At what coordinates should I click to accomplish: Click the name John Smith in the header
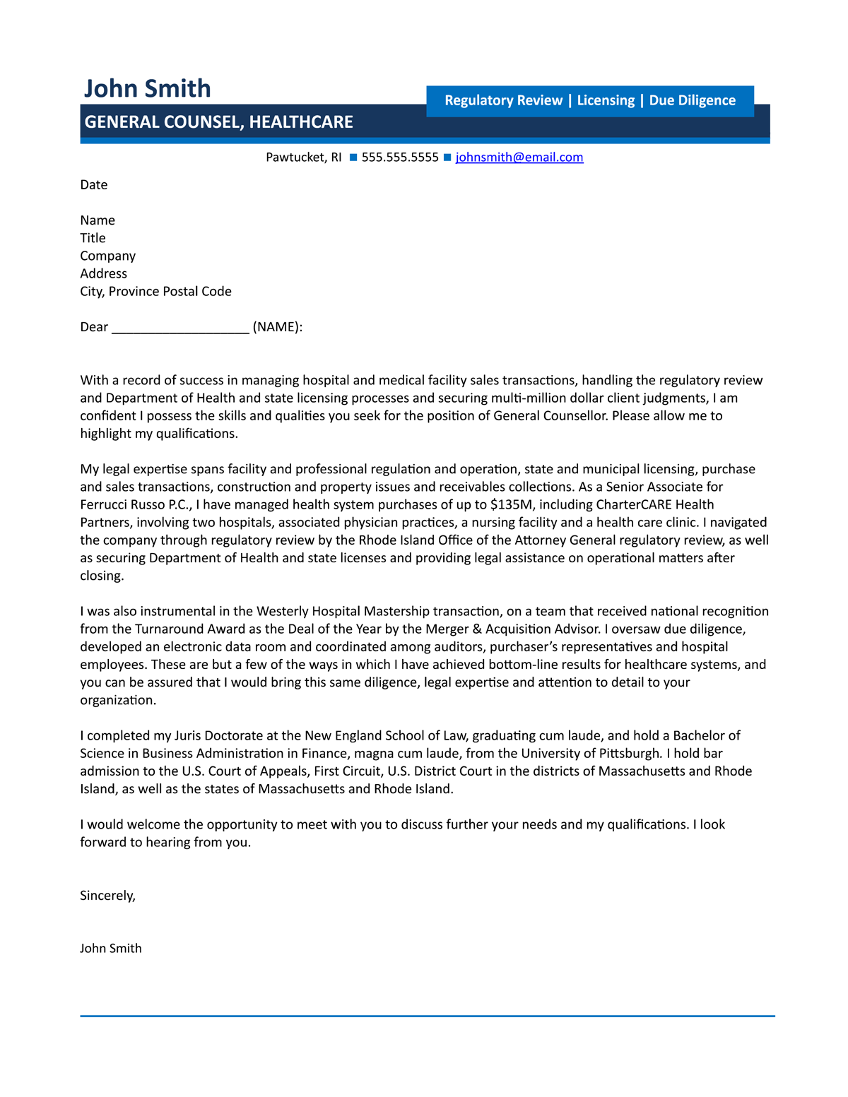pos(147,89)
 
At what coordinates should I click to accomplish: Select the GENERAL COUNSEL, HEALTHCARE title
pos(218,122)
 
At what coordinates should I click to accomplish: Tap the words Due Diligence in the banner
pos(692,100)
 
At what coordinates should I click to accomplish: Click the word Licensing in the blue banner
pos(606,100)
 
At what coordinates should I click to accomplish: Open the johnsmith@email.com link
pos(519,158)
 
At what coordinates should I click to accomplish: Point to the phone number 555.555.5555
pos(400,158)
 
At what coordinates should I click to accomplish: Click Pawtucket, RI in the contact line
pos(303,158)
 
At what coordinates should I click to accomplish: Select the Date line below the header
pos(94,185)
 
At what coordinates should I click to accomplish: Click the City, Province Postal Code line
pos(155,292)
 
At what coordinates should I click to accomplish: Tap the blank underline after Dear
pos(180,328)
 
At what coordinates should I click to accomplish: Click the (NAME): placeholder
pos(277,327)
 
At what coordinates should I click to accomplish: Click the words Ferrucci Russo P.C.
pos(134,505)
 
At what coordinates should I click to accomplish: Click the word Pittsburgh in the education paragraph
pos(630,754)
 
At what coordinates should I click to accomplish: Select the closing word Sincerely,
pos(107,896)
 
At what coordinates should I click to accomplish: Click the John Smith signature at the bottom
pos(110,949)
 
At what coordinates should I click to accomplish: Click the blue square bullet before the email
pos(447,158)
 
